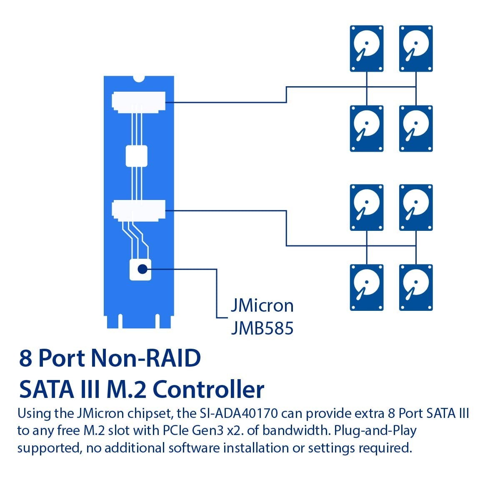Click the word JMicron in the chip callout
click(x=262, y=306)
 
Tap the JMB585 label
click(x=262, y=328)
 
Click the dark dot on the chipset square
click(x=142, y=269)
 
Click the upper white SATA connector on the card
click(x=138, y=102)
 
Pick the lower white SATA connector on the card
click(x=138, y=210)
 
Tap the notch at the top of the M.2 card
click(x=138, y=79)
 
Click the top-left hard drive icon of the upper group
click(x=366, y=48)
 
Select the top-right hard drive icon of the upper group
click(x=416, y=48)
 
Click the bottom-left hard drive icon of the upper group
click(x=366, y=128)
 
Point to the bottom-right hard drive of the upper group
click(x=416, y=128)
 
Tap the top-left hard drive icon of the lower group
click(x=366, y=207)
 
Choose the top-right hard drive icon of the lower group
click(x=416, y=207)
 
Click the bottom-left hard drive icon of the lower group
click(x=366, y=287)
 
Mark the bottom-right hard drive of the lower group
click(x=416, y=287)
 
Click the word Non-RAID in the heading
click(x=146, y=358)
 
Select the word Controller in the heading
click(x=209, y=390)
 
